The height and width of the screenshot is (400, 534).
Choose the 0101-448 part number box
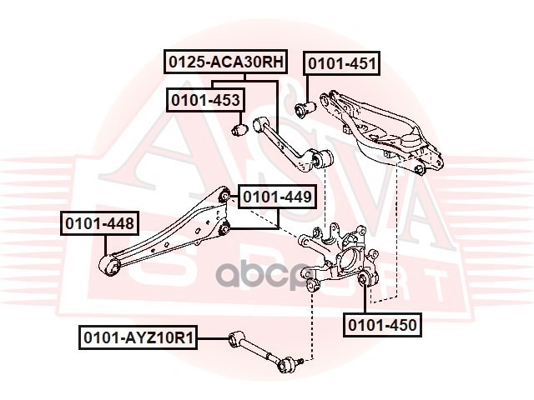[x=98, y=223]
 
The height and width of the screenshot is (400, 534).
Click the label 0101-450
[x=383, y=324]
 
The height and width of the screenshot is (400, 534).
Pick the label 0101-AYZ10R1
[x=139, y=337]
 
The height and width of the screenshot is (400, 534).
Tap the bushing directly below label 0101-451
[x=305, y=107]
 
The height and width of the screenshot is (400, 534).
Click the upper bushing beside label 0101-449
[x=224, y=197]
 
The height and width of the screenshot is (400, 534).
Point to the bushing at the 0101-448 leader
[x=109, y=267]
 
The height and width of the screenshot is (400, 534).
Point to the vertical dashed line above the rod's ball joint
[x=312, y=325]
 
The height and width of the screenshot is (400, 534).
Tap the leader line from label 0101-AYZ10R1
[x=213, y=337]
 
